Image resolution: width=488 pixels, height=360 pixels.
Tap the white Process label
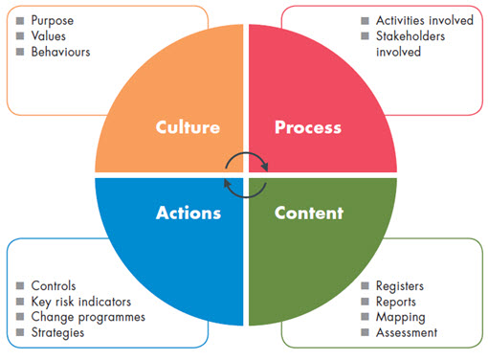(x=307, y=127)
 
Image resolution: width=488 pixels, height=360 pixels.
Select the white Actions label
(x=188, y=213)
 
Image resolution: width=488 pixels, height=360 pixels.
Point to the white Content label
(x=309, y=213)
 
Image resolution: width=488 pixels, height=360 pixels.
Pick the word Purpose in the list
(x=54, y=20)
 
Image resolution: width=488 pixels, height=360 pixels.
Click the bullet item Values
(x=49, y=35)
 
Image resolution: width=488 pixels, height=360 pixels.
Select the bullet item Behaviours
(x=61, y=51)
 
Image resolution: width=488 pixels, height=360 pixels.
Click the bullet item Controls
(x=54, y=285)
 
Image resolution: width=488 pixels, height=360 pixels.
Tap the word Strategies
(x=57, y=331)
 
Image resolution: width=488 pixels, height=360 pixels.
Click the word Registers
(x=400, y=285)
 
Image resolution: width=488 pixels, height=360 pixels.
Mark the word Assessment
(x=407, y=331)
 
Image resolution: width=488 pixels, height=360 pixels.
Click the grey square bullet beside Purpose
(x=21, y=20)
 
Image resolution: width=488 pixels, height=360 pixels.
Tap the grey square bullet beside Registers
(x=366, y=285)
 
